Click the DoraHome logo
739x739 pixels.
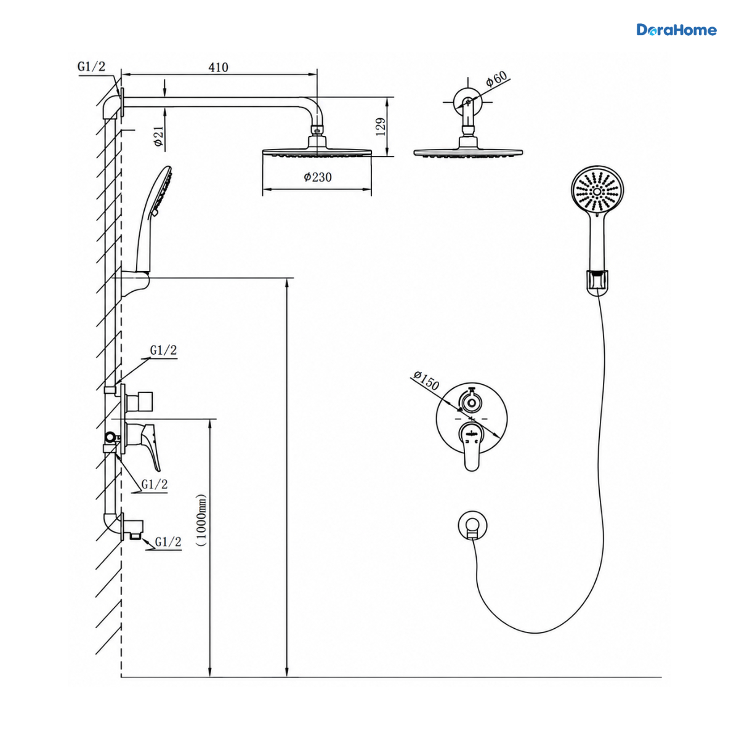(x=676, y=30)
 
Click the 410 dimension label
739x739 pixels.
(x=218, y=67)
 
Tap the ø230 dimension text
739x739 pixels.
(x=318, y=177)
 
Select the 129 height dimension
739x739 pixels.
(x=381, y=127)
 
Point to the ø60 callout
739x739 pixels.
(x=496, y=78)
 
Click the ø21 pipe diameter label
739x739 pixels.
(x=158, y=136)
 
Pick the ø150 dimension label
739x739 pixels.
(x=426, y=380)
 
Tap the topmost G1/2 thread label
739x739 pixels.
(x=91, y=67)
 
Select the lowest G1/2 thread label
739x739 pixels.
(x=168, y=542)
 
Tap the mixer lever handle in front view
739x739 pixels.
(x=471, y=445)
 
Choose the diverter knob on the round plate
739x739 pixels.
(x=470, y=402)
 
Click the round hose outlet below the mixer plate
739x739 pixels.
(x=473, y=525)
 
